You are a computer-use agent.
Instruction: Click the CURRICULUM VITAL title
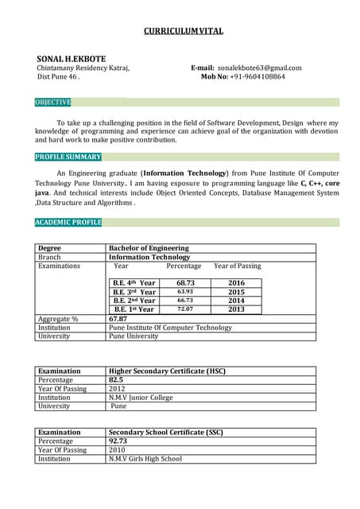pos(183,31)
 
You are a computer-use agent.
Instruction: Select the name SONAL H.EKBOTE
pos(72,60)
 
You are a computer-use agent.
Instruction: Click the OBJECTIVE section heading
pos(53,103)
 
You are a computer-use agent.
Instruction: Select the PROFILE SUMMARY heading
pos(68,157)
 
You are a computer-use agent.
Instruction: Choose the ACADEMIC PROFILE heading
pos(68,223)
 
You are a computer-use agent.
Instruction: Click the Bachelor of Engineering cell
pos(149,248)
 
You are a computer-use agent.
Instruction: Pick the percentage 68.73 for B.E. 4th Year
pos(185,283)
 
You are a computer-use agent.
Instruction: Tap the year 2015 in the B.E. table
pos(236,292)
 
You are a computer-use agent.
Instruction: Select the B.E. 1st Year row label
pos(134,309)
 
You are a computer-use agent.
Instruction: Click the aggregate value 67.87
pos(118,319)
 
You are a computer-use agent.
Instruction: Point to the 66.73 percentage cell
pos(185,301)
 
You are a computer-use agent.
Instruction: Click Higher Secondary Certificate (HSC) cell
pos(167,371)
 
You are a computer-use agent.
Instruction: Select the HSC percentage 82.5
pos(116,380)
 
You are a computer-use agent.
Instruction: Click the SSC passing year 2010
pos(117,450)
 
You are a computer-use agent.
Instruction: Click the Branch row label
pos(49,257)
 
